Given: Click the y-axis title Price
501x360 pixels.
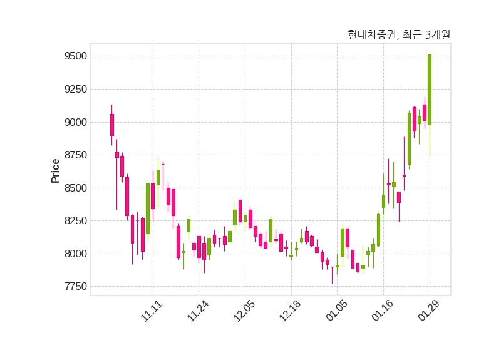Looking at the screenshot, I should (x=55, y=171).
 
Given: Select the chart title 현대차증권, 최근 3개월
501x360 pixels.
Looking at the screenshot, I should (x=399, y=35).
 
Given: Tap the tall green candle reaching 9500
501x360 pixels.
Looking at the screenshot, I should (x=430, y=90).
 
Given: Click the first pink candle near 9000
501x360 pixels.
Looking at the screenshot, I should (x=112, y=125).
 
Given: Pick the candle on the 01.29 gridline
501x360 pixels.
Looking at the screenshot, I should (x=430, y=90).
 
